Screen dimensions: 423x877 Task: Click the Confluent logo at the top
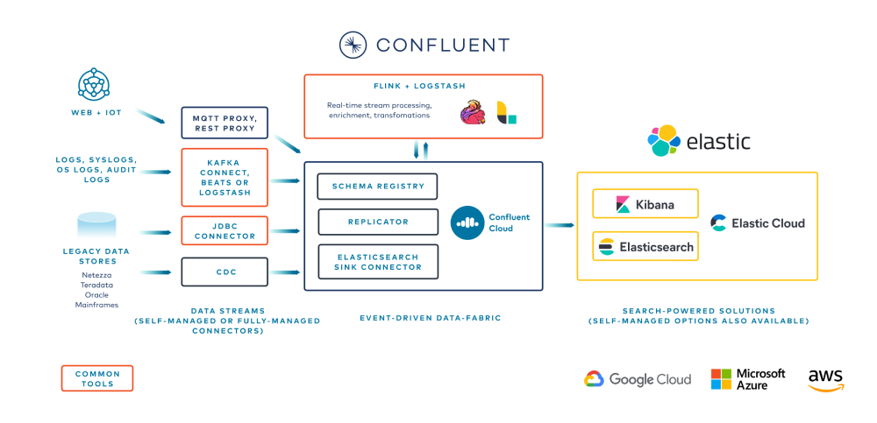424,45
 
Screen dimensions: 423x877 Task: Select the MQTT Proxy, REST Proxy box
224,122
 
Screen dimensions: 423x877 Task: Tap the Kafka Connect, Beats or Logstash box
224,178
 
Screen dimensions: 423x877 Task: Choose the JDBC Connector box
224,230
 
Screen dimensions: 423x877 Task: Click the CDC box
224,271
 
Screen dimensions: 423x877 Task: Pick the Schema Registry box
377,186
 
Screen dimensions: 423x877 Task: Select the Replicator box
377,222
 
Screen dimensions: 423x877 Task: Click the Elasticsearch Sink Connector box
377,261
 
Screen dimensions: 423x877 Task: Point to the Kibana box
645,204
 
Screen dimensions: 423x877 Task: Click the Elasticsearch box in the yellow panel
645,247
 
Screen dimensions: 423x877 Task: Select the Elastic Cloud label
758,222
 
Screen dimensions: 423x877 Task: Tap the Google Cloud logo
638,379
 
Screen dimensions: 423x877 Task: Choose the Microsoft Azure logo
748,379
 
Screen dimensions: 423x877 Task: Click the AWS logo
825,378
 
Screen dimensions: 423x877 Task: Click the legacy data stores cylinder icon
96,226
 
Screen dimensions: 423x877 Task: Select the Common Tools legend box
97,378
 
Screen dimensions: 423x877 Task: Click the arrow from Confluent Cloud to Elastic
558,225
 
